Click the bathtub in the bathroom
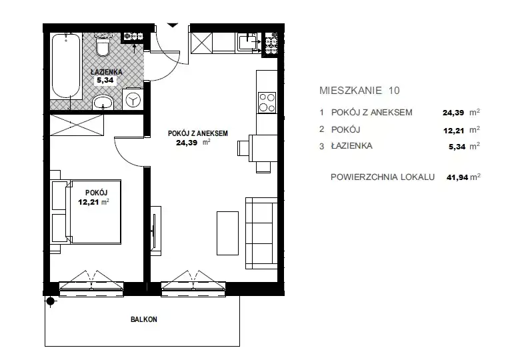coord(66,65)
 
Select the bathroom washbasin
coord(103,103)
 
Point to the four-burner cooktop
coord(267,102)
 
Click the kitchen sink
coord(247,42)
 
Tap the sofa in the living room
coord(261,233)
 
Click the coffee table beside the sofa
coord(227,233)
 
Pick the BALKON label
coord(144,319)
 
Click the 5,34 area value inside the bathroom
coord(105,80)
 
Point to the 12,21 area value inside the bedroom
coord(87,202)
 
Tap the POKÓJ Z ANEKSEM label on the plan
coord(198,133)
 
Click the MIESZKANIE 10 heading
coord(359,90)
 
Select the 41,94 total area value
coord(457,177)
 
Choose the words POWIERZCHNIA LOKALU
coord(383,177)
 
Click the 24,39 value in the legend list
coord(453,113)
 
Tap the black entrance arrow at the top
coord(173,25)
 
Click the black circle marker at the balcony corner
coord(51,301)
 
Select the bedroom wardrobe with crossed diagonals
coord(77,125)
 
